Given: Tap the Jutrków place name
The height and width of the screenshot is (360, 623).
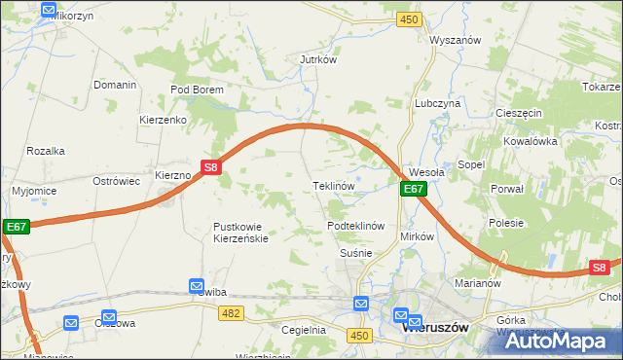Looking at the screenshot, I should (x=317, y=59).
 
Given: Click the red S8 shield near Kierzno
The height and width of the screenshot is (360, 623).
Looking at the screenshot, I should (x=212, y=167).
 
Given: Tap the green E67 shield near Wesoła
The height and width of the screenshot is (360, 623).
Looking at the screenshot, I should (x=414, y=189).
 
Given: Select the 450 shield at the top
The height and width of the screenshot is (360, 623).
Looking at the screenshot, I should (x=409, y=19).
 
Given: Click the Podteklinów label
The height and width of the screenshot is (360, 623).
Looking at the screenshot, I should (x=356, y=226).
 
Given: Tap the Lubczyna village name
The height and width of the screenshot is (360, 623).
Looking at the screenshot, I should (x=437, y=102).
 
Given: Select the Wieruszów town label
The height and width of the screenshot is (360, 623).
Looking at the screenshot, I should (x=435, y=328).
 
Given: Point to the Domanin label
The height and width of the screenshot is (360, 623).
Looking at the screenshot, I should (x=115, y=85).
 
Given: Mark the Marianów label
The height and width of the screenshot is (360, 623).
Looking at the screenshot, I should (x=477, y=284).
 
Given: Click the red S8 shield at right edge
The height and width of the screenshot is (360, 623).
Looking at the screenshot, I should (x=600, y=268).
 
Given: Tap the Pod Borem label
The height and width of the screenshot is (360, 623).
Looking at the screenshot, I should (x=198, y=90).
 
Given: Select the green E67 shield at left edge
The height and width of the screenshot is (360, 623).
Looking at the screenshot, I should (x=16, y=227).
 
